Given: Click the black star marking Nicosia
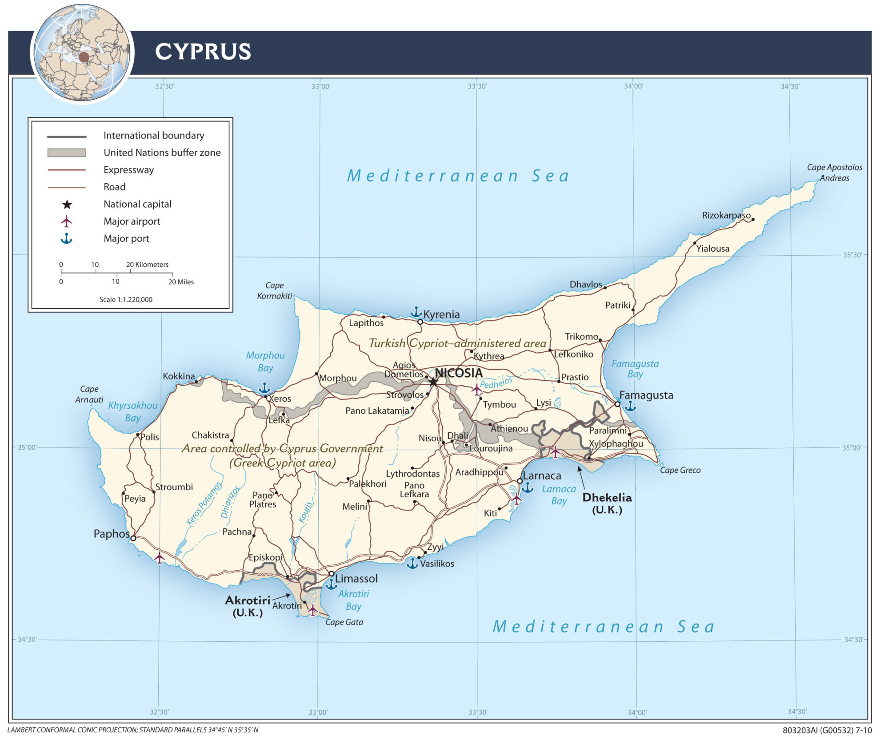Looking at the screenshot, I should tap(433, 382).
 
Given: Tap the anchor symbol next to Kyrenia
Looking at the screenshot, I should tap(416, 311).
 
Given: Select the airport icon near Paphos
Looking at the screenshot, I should tap(159, 557).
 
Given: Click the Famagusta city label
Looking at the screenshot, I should tap(646, 395).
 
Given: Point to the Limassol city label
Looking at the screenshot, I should tap(356, 579).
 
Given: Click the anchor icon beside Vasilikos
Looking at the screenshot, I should tap(412, 564).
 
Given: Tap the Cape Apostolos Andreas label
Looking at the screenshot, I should tap(834, 173).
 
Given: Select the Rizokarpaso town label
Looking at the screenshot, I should tap(726, 215).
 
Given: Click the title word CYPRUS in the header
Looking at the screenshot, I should tap(203, 52).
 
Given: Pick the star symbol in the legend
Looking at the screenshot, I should tap(67, 205).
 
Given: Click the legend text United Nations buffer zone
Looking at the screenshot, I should tap(162, 153).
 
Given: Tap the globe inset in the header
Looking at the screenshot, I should tap(82, 53).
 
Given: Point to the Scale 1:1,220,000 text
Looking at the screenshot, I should tap(126, 299).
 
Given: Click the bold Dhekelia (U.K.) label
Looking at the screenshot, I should tap(607, 503).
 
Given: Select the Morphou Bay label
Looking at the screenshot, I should tap(265, 361).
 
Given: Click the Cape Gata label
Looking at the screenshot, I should tap(344, 622).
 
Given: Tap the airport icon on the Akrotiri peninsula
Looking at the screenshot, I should tap(312, 609).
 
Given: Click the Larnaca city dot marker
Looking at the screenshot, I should tap(520, 481).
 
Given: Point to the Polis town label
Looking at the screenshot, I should tap(149, 437).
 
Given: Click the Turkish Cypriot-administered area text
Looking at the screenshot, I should tap(457, 343).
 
